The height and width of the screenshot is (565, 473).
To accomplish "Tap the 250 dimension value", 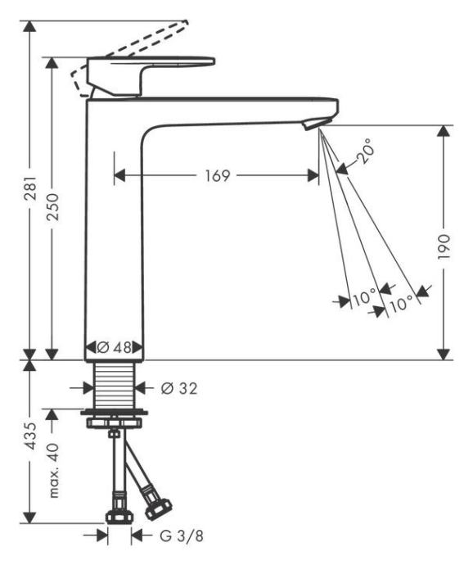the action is [53, 207].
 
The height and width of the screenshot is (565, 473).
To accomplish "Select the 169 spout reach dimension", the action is [218, 176].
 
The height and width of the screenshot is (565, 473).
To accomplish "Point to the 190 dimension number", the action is [444, 246].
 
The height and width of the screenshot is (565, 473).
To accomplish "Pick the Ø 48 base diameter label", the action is [115, 348].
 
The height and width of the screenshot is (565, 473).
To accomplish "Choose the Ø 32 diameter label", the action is [179, 388].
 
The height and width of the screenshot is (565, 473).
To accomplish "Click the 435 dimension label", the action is [30, 436].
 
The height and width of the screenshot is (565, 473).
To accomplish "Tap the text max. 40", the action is [53, 470].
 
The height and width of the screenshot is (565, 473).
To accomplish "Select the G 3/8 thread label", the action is [182, 536].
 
